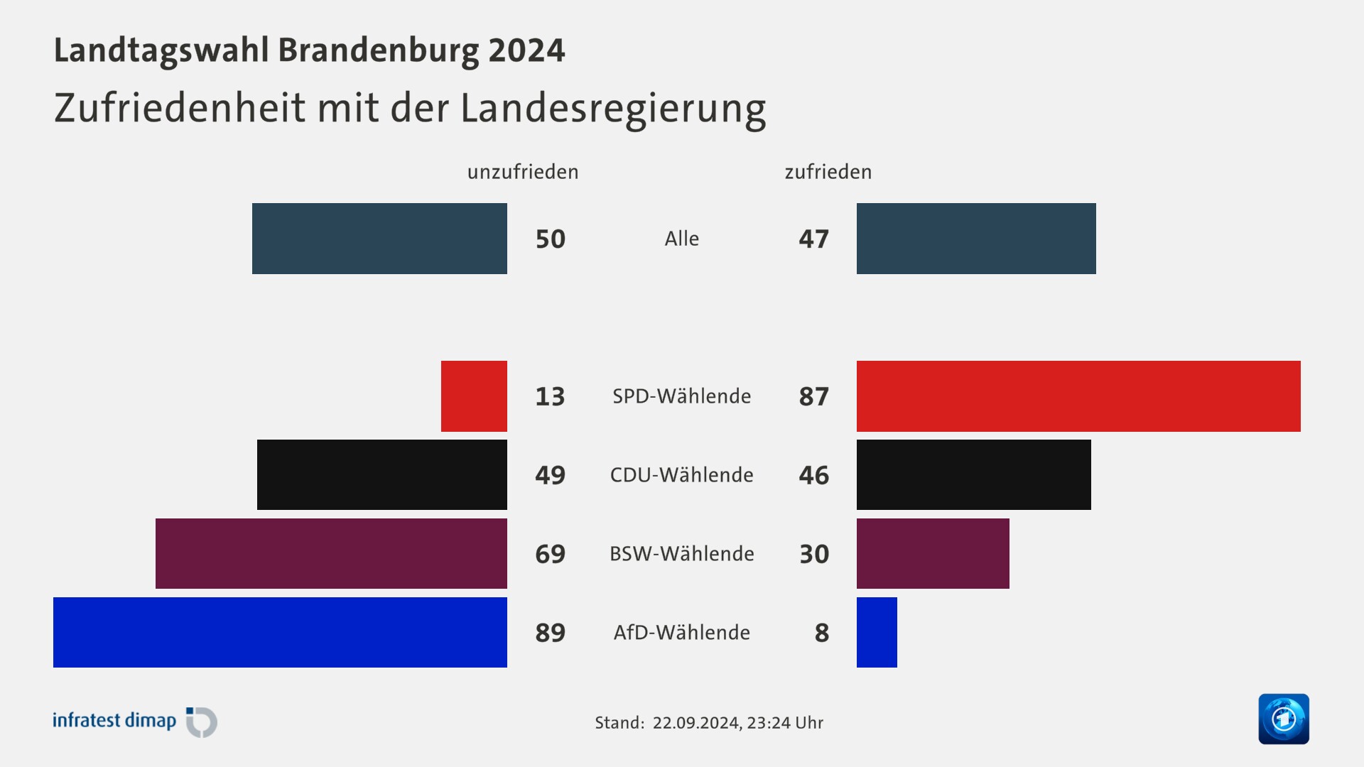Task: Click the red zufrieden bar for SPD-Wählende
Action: coord(1078,396)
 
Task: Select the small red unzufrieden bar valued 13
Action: coord(474,396)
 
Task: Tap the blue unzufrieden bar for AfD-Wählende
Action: coord(280,632)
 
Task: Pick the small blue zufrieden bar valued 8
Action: coord(877,632)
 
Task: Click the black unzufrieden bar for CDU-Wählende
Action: coord(382,474)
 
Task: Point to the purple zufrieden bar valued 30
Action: coord(933,553)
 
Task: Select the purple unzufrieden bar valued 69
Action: coord(331,553)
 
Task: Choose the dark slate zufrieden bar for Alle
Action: coord(976,239)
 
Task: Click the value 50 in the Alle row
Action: coord(551,239)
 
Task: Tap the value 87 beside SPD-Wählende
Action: coord(814,397)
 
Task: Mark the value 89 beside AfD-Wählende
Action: coord(551,633)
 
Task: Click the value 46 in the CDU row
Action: coord(814,475)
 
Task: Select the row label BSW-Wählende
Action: coord(682,554)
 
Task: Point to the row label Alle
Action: coord(682,239)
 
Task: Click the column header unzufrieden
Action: coord(523,172)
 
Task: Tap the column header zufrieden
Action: coord(828,172)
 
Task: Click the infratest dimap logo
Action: coord(135,722)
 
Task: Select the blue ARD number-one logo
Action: coord(1284,719)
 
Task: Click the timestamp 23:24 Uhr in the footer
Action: coord(785,723)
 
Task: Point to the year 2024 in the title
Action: coord(526,50)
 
